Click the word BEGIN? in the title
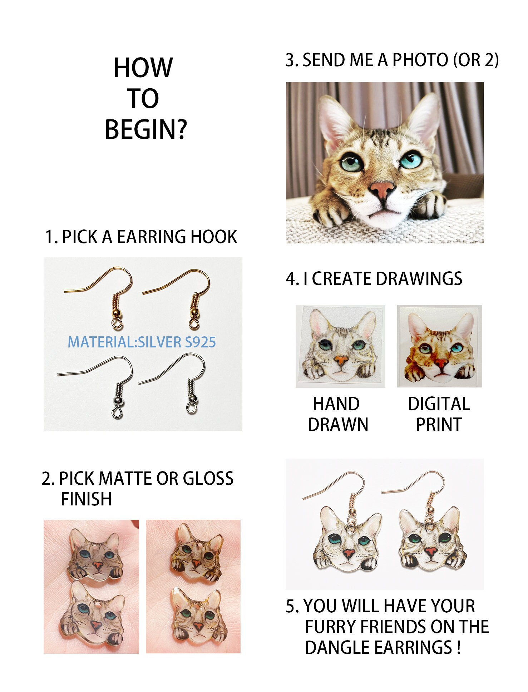(x=146, y=130)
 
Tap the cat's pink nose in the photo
(x=382, y=189)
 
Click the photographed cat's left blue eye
(x=352, y=161)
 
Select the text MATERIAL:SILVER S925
(x=142, y=342)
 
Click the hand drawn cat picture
(x=340, y=346)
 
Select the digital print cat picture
(x=439, y=346)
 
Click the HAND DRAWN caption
(x=337, y=414)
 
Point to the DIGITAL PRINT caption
(x=439, y=414)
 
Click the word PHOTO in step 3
(x=420, y=60)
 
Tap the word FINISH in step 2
(x=86, y=499)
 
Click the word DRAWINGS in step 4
(x=419, y=279)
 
